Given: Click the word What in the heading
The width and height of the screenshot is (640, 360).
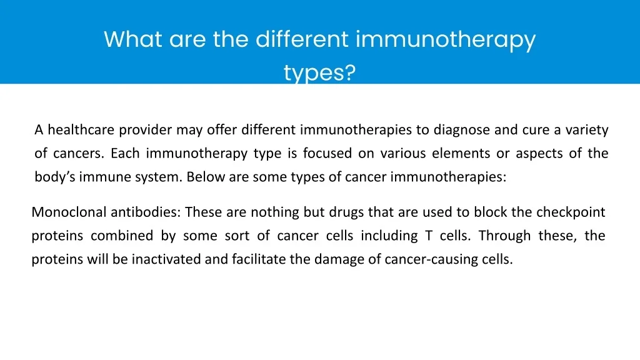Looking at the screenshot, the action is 133,39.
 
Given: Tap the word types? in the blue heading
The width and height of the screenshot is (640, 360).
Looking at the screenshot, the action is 319,73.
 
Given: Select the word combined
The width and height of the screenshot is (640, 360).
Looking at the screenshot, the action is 122,236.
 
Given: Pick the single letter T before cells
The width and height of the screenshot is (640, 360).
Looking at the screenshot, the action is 429,236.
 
